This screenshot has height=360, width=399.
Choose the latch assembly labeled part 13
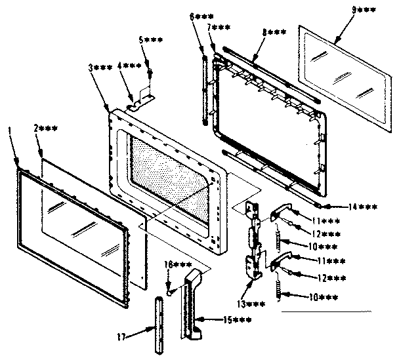255,243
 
